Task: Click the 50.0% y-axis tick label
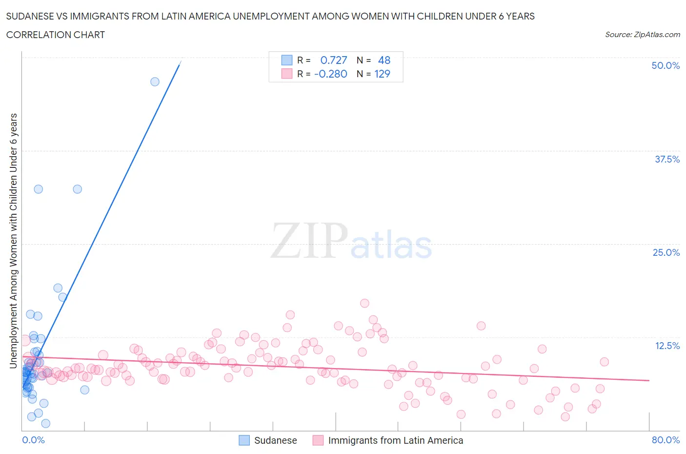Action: click(x=665, y=65)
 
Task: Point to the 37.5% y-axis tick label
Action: click(x=667, y=159)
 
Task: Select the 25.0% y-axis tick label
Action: click(x=666, y=252)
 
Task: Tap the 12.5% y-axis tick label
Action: click(x=667, y=346)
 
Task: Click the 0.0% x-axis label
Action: click(x=33, y=440)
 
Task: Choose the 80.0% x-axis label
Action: click(x=666, y=440)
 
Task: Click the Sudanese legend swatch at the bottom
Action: click(x=244, y=440)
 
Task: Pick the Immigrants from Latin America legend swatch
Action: click(x=318, y=440)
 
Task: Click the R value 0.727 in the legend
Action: click(x=334, y=60)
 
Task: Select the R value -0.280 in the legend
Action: click(x=331, y=74)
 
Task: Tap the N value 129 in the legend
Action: click(x=382, y=74)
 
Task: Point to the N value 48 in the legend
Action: click(x=384, y=60)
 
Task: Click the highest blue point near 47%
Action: click(x=155, y=82)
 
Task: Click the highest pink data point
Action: click(x=364, y=303)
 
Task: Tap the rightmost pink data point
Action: click(x=604, y=362)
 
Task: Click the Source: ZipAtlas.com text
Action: click(x=642, y=34)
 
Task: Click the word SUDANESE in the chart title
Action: click(x=34, y=16)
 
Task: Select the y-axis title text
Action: click(x=14, y=240)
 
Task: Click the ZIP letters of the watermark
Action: click(x=309, y=241)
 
